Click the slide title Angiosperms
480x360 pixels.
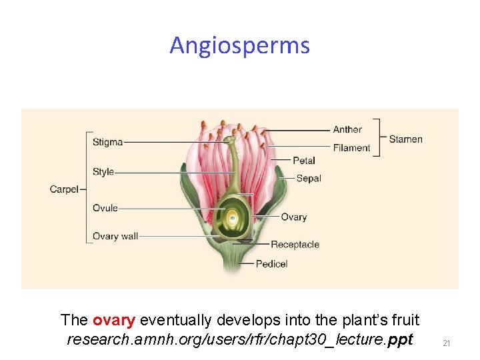(239, 45)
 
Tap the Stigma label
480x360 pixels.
(107, 141)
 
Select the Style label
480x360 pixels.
(103, 171)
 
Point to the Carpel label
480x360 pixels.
(63, 189)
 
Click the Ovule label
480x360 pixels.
(105, 208)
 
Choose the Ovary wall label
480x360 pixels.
(115, 236)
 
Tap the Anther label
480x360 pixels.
(347, 129)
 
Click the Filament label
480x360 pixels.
(351, 147)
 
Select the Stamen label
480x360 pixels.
(405, 139)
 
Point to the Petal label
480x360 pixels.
(304, 160)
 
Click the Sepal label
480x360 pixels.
(309, 178)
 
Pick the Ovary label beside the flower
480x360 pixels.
(293, 217)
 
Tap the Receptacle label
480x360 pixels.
(295, 245)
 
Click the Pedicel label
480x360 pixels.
(271, 263)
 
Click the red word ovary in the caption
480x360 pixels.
(114, 320)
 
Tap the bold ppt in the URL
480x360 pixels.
(400, 339)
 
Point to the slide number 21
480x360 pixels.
(447, 343)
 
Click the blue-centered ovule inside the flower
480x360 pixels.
(232, 217)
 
